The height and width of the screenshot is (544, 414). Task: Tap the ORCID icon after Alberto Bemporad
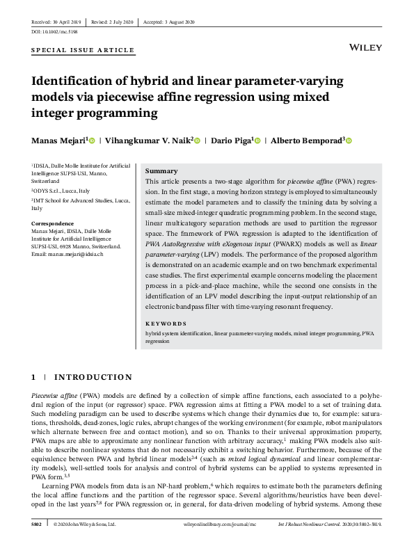click(x=349, y=141)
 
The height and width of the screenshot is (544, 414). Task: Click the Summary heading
click(x=161, y=171)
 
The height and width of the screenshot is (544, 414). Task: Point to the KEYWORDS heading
click(x=166, y=323)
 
